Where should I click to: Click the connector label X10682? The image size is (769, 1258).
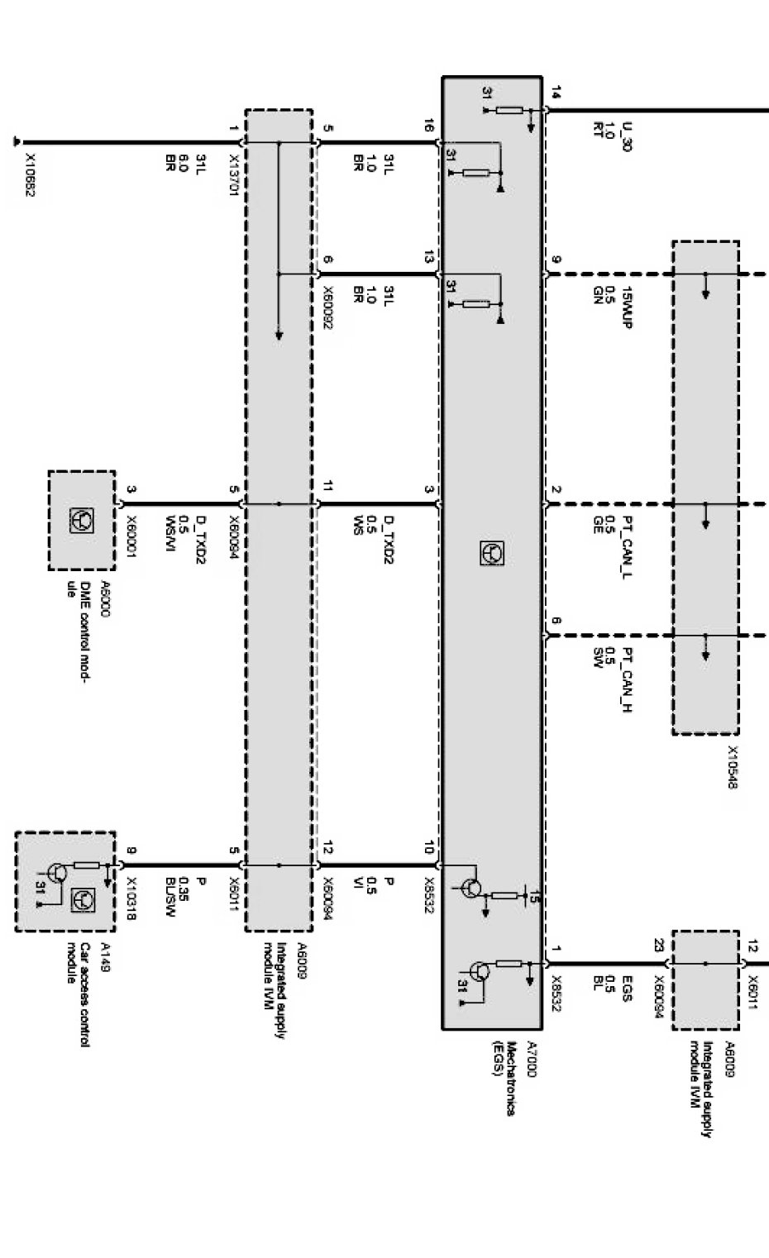coord(29,176)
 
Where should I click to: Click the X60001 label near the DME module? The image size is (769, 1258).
coord(131,536)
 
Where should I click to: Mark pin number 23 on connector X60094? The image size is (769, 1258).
coord(658,946)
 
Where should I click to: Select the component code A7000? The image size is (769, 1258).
coord(532,1059)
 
